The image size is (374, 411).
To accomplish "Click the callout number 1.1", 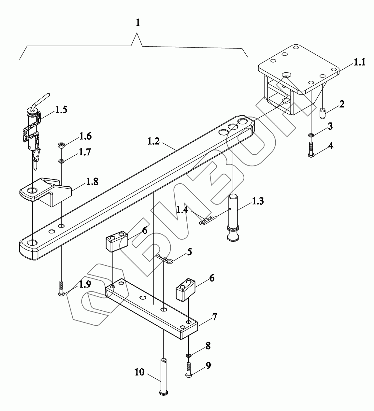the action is [x=359, y=62].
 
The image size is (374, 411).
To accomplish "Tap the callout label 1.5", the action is [x=61, y=110].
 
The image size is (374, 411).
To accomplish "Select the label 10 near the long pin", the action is [x=139, y=372].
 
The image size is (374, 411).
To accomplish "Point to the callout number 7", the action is [x=214, y=317].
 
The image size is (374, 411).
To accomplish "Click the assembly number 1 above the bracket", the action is [x=138, y=22].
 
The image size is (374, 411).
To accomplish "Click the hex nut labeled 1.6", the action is [x=61, y=146].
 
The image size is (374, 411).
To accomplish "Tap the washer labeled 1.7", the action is [x=61, y=161].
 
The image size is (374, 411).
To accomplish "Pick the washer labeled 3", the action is [x=311, y=135].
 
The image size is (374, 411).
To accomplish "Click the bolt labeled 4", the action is [x=311, y=150].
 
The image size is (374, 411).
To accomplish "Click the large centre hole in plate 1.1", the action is [x=286, y=75].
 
